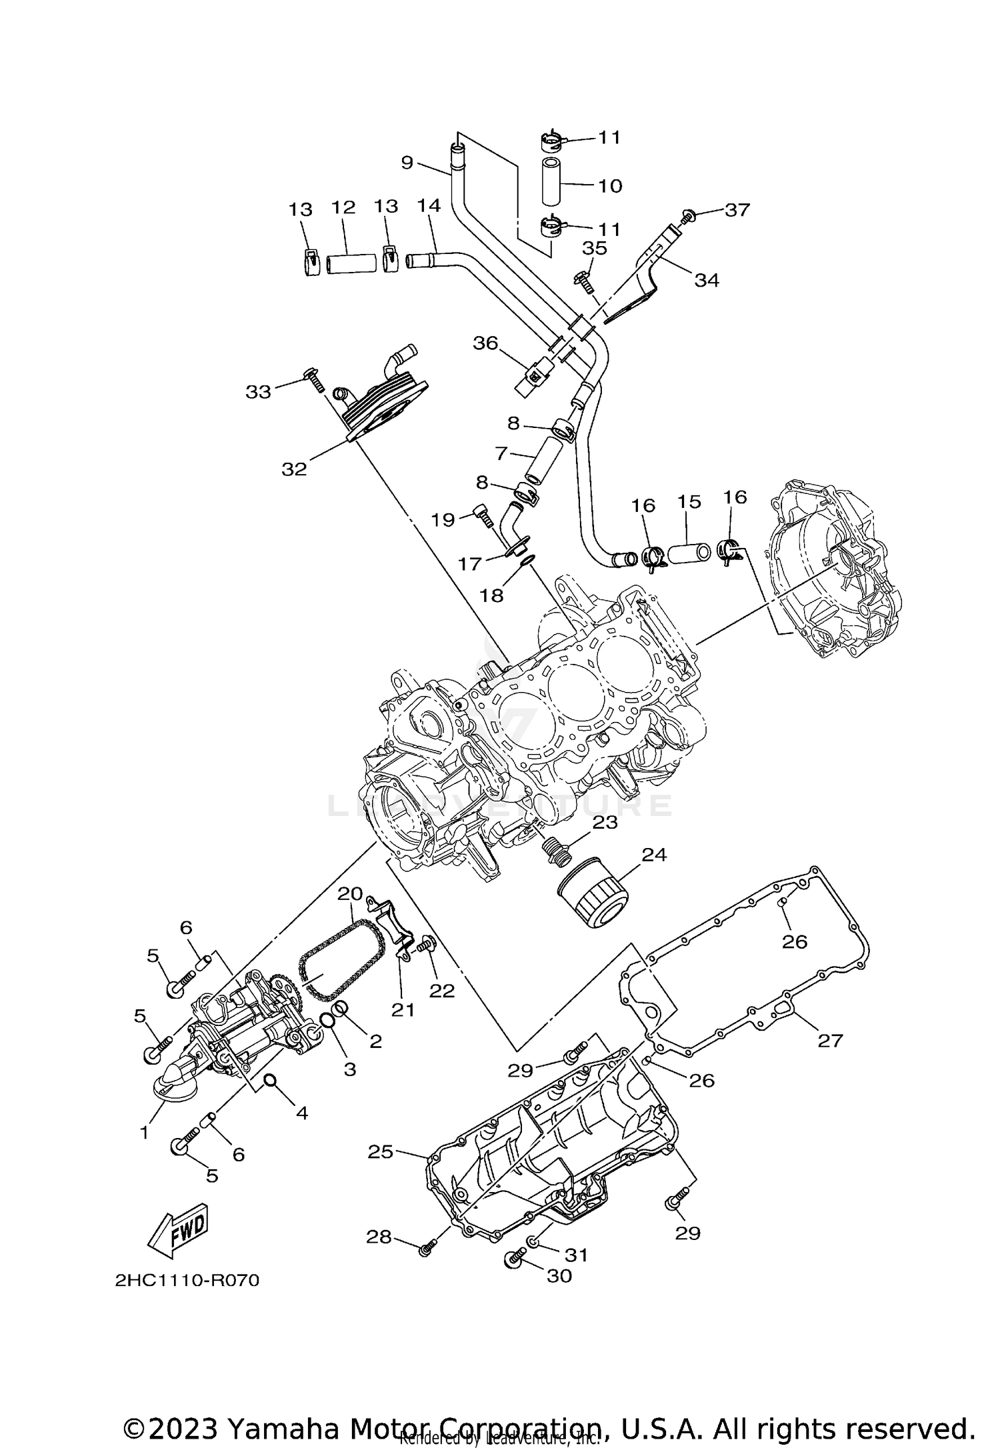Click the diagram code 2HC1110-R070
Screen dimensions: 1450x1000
click(187, 1299)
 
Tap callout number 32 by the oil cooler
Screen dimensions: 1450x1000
click(294, 469)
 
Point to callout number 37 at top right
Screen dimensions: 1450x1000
click(737, 209)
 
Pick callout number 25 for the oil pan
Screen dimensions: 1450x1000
click(381, 1151)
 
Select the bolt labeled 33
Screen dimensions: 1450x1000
click(312, 379)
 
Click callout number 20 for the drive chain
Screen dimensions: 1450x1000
click(350, 893)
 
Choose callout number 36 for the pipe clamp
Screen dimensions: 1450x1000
click(485, 343)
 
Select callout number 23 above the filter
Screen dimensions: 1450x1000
click(605, 822)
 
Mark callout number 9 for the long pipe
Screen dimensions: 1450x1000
click(407, 162)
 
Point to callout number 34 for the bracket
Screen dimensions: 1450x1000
click(707, 280)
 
